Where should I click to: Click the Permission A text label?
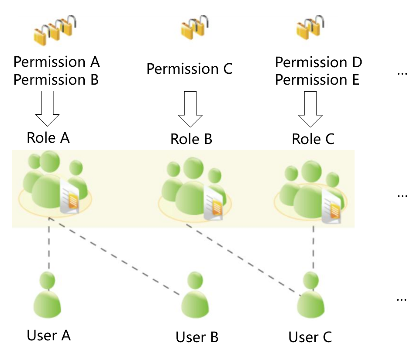tap(57, 62)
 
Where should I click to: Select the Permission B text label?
tap(57, 80)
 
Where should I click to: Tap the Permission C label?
tap(190, 69)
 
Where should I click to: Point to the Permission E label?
tap(317, 80)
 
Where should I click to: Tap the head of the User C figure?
tap(310, 280)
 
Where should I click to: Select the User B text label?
tap(197, 337)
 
